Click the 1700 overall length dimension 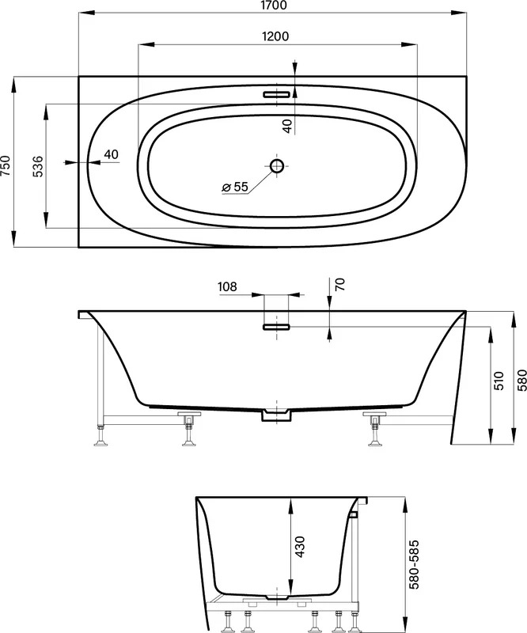point(274,6)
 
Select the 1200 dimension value point(276,36)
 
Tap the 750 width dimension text point(6,165)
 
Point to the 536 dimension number point(37,166)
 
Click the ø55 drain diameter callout point(235,187)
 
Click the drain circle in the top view point(277,165)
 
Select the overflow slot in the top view point(277,94)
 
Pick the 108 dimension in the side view point(227,286)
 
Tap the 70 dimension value point(340,284)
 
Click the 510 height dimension point(499,381)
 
